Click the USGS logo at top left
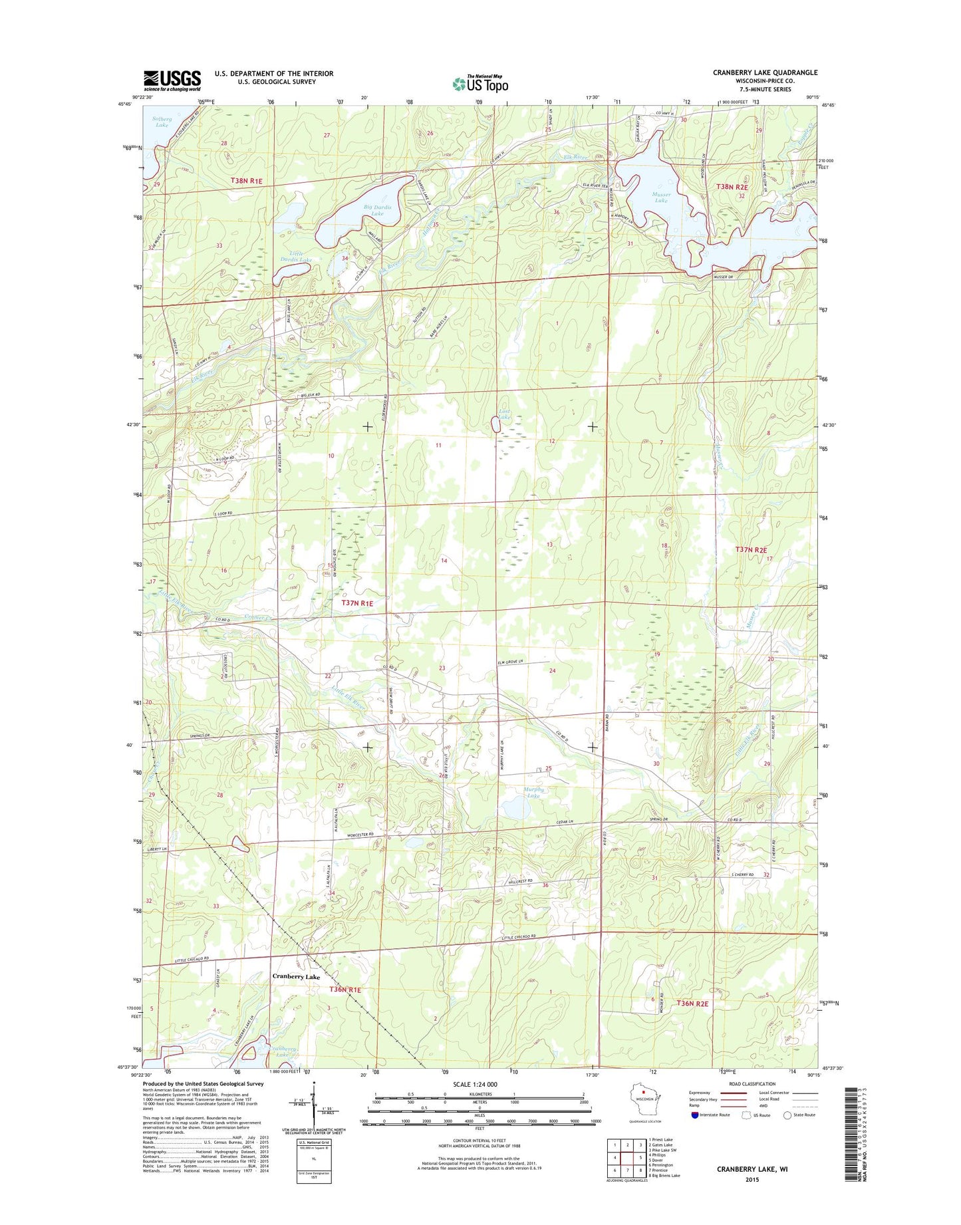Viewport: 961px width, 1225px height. click(x=172, y=80)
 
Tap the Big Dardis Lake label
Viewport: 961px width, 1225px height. click(x=377, y=210)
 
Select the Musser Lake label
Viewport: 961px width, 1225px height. click(x=661, y=197)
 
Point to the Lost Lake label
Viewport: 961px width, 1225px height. click(x=505, y=414)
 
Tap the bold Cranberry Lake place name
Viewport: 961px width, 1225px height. click(x=296, y=976)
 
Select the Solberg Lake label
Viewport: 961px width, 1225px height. click(x=162, y=122)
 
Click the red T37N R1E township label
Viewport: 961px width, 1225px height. click(x=357, y=603)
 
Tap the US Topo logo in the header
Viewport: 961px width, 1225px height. click(x=480, y=83)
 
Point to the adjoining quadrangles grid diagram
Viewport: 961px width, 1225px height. click(x=626, y=1157)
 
